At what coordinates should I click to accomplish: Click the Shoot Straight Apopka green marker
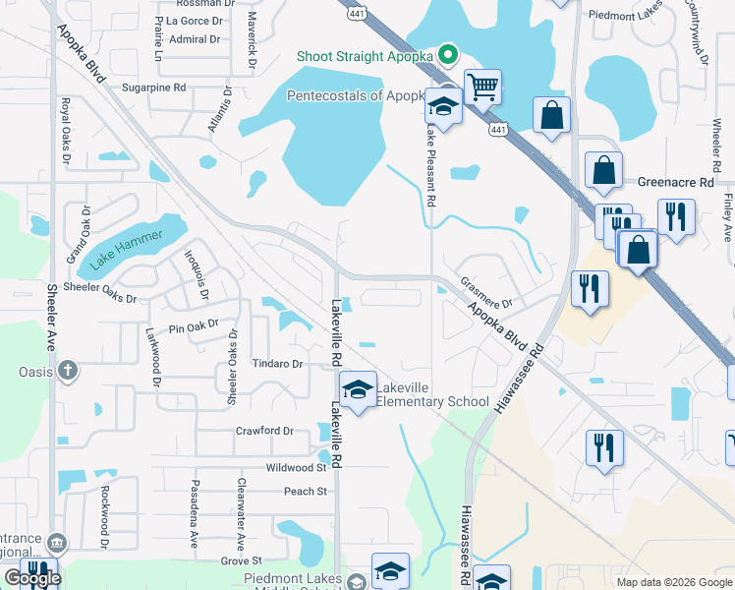click(448, 55)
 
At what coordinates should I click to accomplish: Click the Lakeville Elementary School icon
click(358, 390)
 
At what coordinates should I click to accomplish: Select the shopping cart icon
click(482, 88)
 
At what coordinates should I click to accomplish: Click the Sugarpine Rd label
click(153, 88)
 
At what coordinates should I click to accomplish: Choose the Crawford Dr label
click(264, 431)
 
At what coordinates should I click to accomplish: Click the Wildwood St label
click(295, 468)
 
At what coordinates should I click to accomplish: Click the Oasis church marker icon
click(66, 371)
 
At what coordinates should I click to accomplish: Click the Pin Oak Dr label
click(192, 328)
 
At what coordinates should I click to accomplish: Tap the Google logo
click(32, 577)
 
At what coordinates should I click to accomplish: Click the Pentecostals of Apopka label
click(356, 95)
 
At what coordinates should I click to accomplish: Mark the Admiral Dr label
click(195, 39)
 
